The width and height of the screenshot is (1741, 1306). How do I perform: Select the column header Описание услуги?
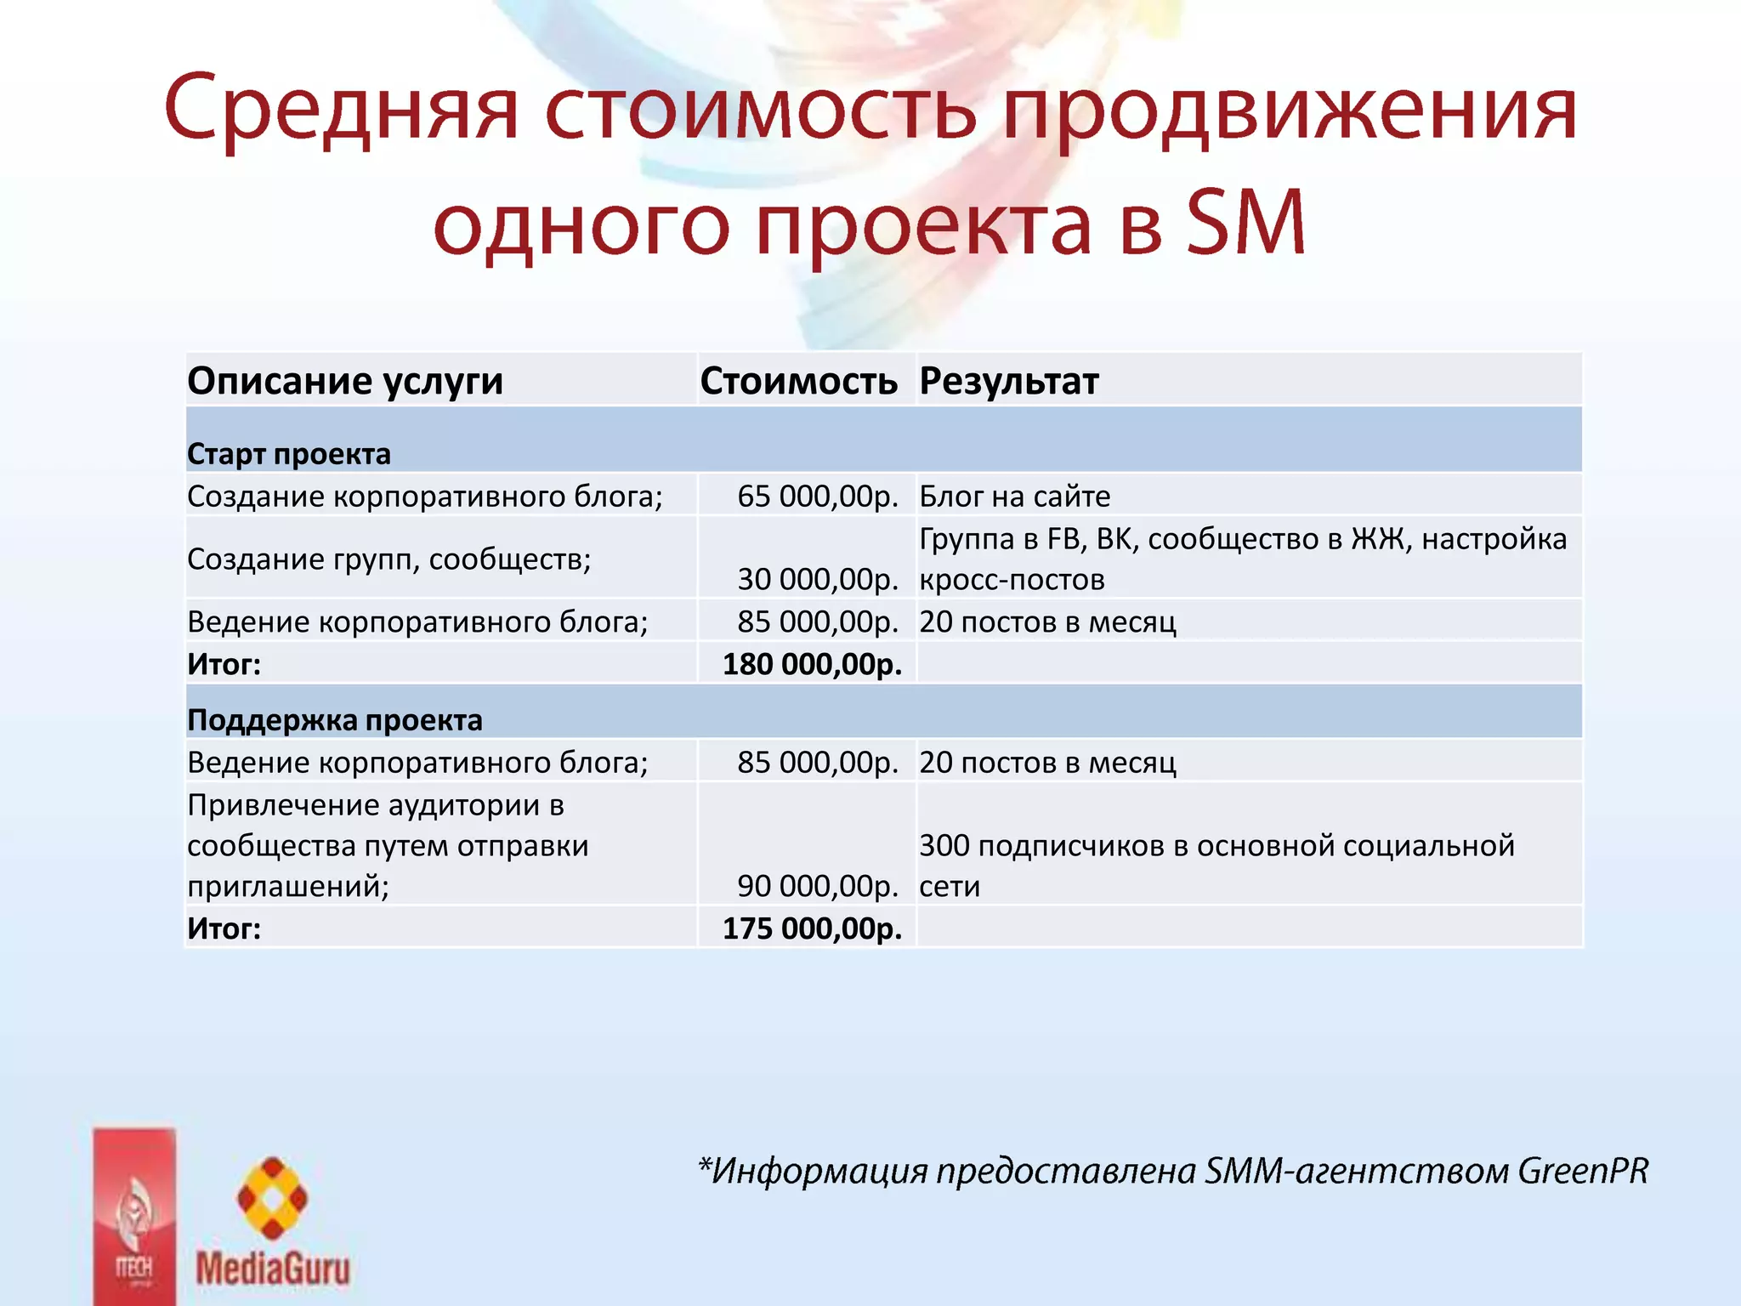[345, 381]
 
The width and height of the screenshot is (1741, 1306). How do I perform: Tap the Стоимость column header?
[798, 381]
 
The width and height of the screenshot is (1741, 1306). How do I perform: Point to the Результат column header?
[1009, 381]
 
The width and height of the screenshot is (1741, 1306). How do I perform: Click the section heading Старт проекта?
[289, 454]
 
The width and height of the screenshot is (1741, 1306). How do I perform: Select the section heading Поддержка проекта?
[335, 720]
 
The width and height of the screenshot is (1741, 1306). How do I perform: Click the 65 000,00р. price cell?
[817, 496]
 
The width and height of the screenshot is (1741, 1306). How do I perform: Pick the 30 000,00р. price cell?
[817, 579]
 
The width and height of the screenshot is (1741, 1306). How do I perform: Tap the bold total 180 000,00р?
[812, 663]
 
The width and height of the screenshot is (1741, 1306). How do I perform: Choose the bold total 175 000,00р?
[812, 928]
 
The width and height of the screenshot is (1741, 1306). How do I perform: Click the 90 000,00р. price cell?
[817, 886]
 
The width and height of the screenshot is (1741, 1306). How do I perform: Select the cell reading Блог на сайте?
[1015, 496]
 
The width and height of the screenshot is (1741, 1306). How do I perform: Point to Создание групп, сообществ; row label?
[389, 559]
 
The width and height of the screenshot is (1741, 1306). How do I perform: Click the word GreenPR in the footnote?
[1583, 1171]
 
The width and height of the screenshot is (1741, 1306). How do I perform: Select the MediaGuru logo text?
[273, 1269]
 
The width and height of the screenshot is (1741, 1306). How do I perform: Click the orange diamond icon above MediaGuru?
[272, 1198]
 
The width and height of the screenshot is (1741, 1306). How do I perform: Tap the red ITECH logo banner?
[134, 1216]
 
